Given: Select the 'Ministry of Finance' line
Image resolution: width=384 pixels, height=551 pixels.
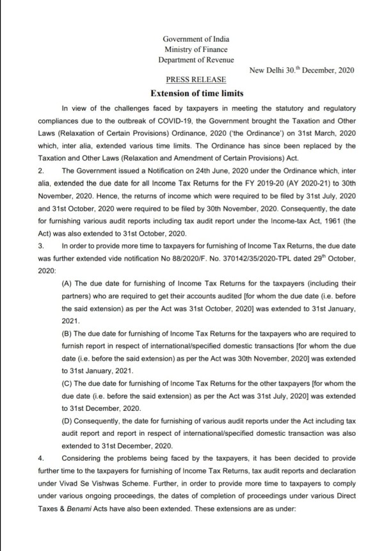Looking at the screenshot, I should tap(195, 50).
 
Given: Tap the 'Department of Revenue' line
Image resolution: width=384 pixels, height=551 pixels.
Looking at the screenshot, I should tap(195, 60).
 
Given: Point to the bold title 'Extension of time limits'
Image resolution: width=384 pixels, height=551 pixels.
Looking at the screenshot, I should tap(195, 93).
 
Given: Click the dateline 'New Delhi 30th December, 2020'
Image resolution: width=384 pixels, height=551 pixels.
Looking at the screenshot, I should tap(300, 70).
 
